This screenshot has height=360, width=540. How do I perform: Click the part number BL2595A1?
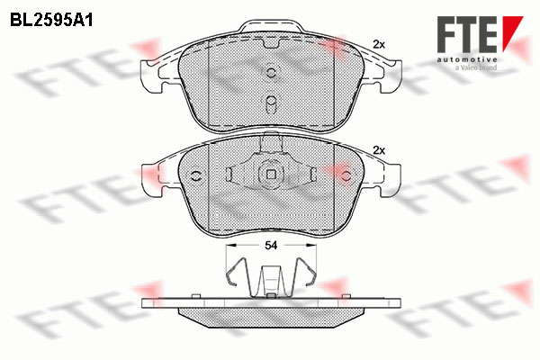pyautogui.click(x=51, y=21)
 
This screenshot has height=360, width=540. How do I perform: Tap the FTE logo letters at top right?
pyautogui.click(x=467, y=35)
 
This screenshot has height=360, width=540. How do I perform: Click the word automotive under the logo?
pyautogui.click(x=467, y=60)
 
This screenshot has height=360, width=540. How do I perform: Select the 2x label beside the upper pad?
pyautogui.click(x=379, y=44)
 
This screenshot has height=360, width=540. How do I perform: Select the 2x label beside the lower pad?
pyautogui.click(x=379, y=150)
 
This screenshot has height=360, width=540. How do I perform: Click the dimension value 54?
pyautogui.click(x=271, y=246)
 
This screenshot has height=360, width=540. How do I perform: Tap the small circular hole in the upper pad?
pyautogui.click(x=271, y=72)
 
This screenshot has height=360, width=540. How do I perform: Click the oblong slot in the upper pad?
pyautogui.click(x=272, y=103)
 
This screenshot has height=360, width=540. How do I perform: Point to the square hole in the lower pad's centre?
pyautogui.click(x=272, y=175)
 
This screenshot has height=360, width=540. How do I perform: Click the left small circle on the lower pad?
pyautogui.click(x=195, y=175)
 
